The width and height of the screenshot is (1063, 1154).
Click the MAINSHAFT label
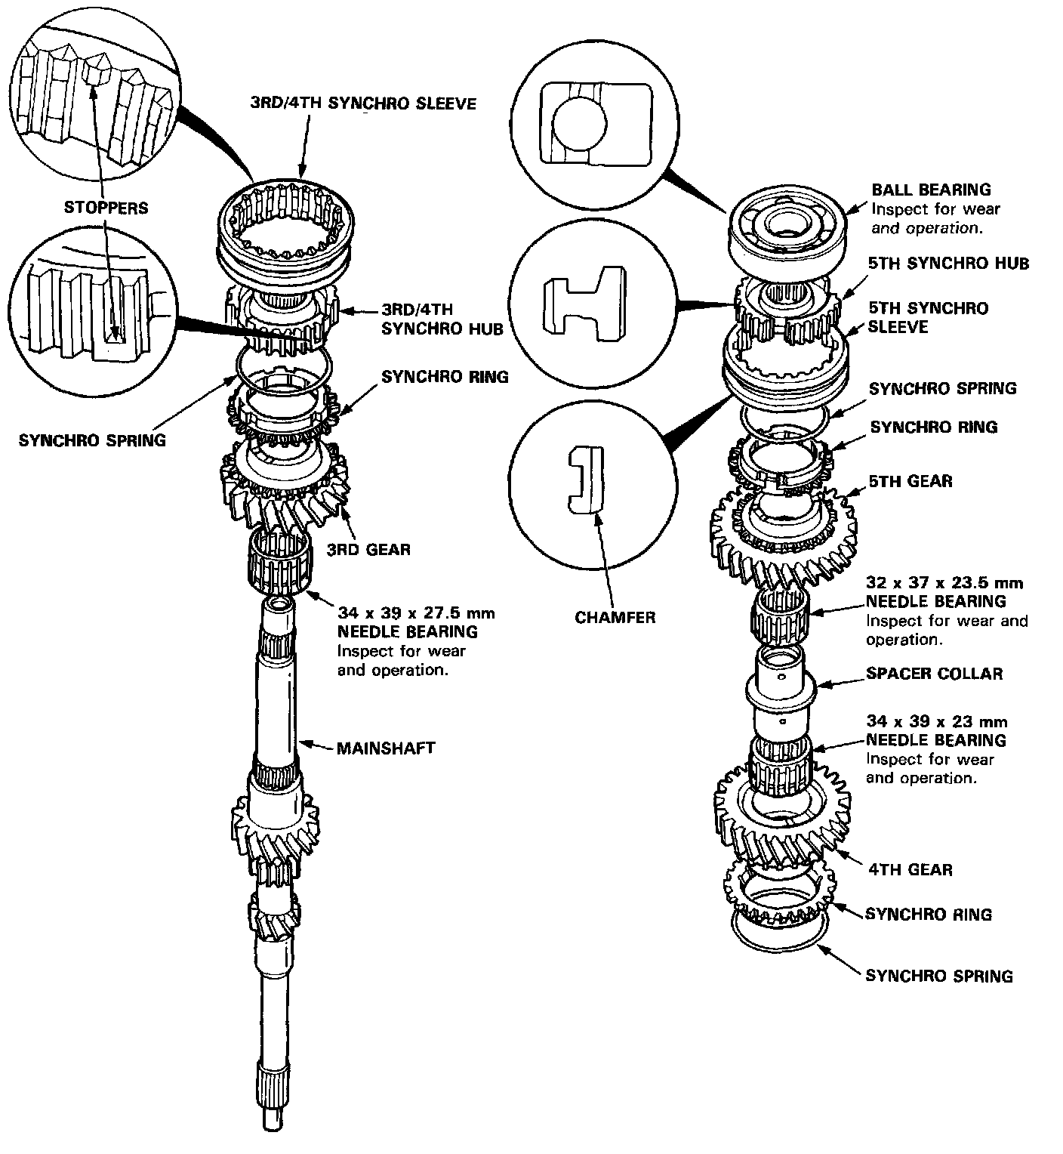(385, 748)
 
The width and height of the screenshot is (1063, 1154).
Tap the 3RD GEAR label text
(368, 549)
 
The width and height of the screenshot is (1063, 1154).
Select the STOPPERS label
(106, 208)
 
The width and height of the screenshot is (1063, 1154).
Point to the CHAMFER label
(615, 617)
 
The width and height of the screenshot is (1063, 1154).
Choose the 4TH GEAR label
(909, 869)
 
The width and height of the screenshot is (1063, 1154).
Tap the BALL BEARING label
(931, 190)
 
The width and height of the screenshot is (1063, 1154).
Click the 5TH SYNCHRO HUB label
(949, 263)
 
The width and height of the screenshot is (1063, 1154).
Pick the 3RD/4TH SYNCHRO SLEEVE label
(363, 103)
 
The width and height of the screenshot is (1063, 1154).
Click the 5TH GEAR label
(910, 481)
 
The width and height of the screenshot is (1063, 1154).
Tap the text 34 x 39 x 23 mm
(936, 721)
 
